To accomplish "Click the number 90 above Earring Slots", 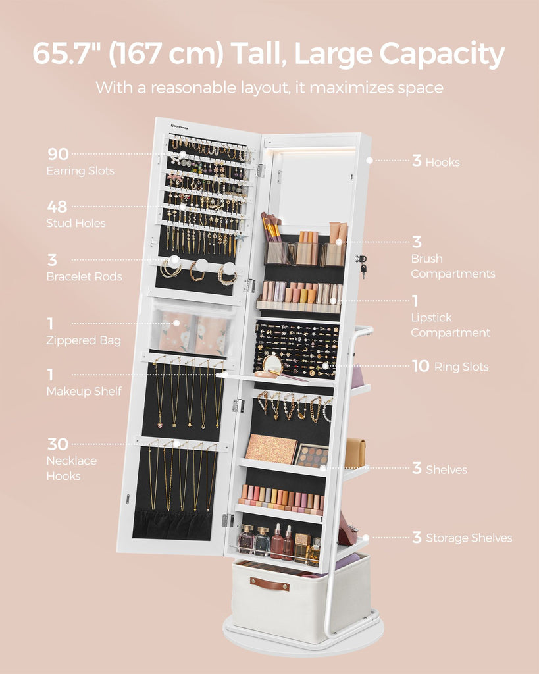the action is coord(58,154).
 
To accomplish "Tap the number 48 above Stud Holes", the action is coord(57,207).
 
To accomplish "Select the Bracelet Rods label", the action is coord(84,276).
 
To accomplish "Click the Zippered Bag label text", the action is coord(84,340).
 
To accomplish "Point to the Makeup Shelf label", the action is coord(84,391).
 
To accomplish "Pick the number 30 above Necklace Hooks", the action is coord(58,444).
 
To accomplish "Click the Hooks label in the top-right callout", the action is coord(443,162).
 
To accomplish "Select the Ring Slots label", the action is coord(461,367).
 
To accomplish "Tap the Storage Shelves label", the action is coord(469,538).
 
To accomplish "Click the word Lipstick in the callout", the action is coord(432,318).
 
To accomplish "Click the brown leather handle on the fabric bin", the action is coord(270,584).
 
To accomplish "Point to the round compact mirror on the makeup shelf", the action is coord(272,365).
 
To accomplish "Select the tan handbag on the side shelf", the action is coord(355,453).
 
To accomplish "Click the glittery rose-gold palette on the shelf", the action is coord(270,449).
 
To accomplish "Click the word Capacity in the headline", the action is coord(442,55).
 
